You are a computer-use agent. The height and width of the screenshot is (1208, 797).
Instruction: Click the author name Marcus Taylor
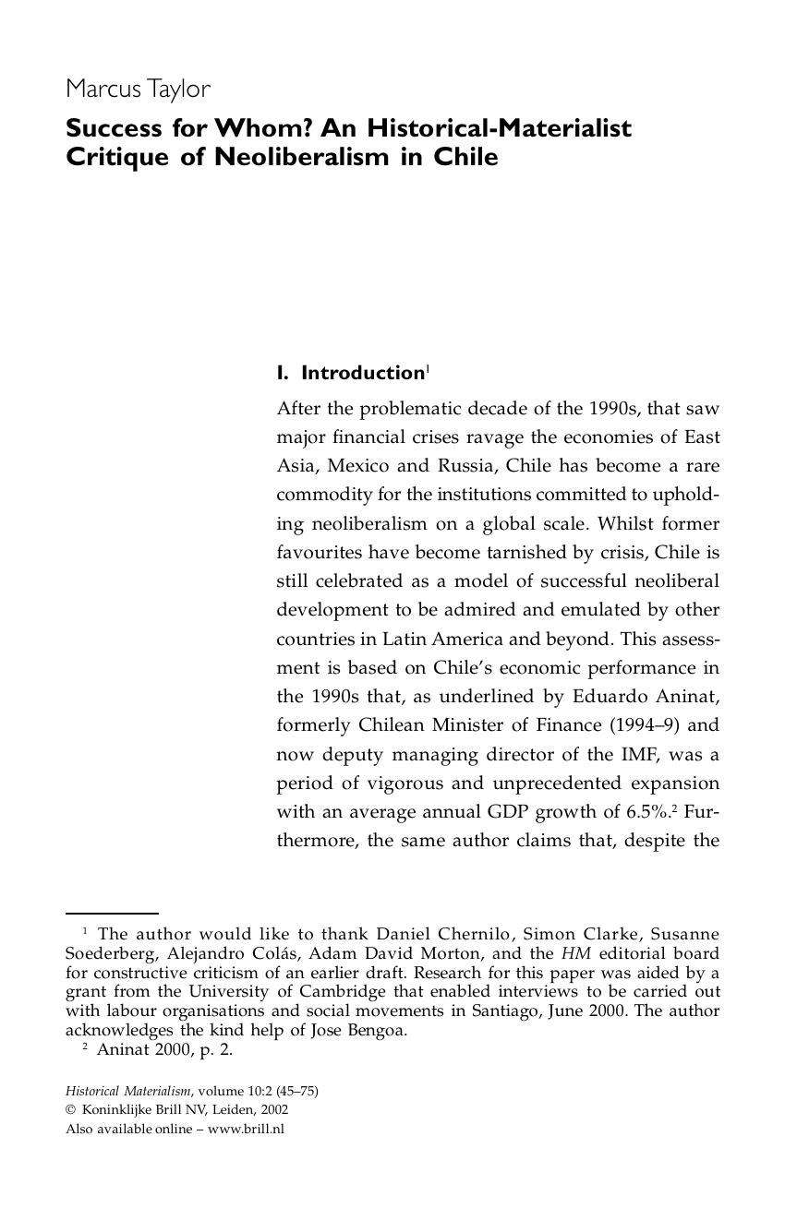pyautogui.click(x=138, y=90)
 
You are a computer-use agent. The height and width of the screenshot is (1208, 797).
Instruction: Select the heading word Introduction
pyautogui.click(x=362, y=373)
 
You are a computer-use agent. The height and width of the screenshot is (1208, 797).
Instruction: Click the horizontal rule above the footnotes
pyautogui.click(x=112, y=914)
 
